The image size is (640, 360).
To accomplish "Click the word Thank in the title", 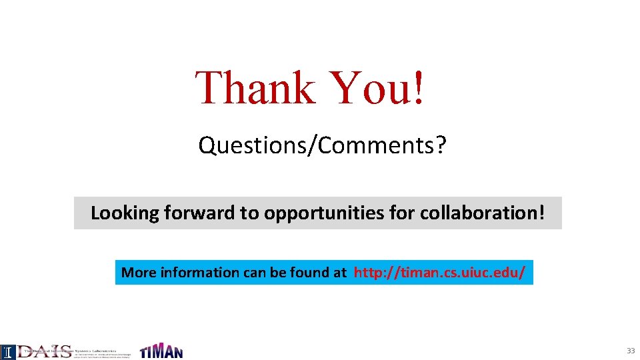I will (255, 88).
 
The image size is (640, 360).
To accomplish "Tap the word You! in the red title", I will (377, 88).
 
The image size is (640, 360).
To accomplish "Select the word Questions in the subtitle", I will (251, 145).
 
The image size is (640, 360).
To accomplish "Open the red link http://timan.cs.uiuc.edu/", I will (439, 272).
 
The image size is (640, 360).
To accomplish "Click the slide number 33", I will (630, 351).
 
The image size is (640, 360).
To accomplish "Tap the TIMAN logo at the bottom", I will (161, 351).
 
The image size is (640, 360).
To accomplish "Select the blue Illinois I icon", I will (7, 352).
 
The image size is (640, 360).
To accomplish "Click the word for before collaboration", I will (403, 213).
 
